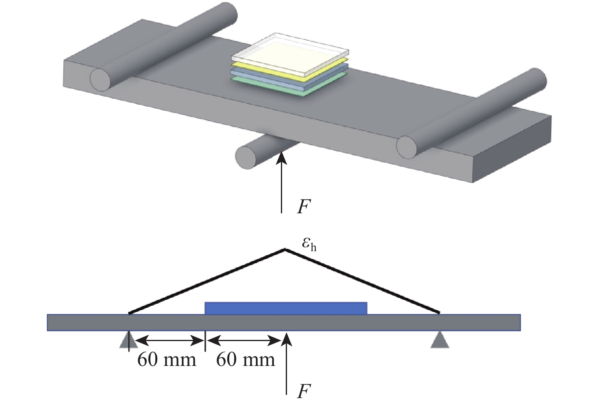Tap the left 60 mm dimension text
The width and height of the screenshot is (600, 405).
click(167, 360)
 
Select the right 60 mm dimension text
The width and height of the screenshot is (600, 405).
click(246, 360)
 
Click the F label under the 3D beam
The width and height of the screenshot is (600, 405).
click(304, 207)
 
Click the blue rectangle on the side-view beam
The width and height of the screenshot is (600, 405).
click(286, 308)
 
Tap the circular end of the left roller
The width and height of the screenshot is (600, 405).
click(100, 79)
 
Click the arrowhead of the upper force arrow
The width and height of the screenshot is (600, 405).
click(281, 157)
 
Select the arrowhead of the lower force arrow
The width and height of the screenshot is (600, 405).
click(287, 339)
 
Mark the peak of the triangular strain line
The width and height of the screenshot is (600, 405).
click(285, 249)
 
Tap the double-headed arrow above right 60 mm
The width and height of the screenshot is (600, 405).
click(243, 340)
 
